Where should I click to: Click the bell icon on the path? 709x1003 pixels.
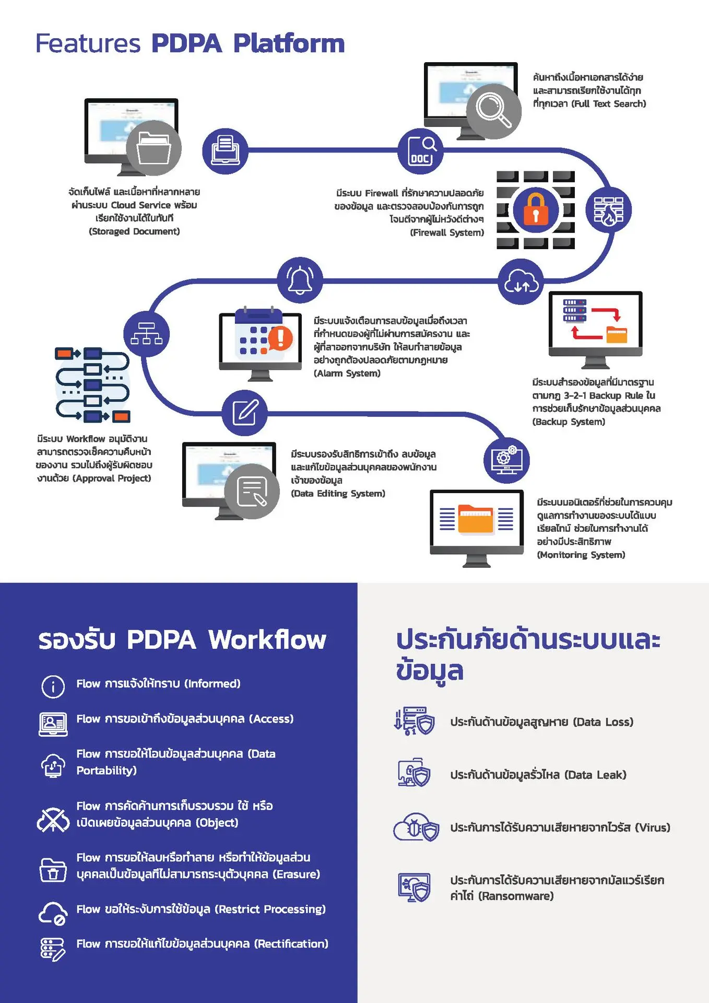pos(300,280)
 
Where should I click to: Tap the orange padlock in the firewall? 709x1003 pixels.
pos(535,209)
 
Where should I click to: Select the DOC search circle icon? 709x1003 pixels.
pos(420,151)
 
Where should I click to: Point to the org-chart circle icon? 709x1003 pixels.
pos(146,334)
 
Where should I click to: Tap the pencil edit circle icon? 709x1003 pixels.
pos(244,413)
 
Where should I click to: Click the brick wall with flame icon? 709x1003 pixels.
pos(608,210)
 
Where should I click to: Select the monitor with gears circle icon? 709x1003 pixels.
pos(506,460)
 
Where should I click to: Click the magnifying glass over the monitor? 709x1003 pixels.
pos(493,110)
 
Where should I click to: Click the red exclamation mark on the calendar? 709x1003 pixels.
pos(280,337)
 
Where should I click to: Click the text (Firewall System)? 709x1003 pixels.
pos(447,232)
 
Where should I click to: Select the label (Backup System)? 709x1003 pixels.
pos(569,422)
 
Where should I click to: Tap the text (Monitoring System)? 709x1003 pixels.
pos(581,555)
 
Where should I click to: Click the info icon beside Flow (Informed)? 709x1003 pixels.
pos(53,686)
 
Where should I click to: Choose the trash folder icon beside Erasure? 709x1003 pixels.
pos(53,870)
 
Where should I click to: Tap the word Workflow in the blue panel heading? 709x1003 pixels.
pos(267,639)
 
